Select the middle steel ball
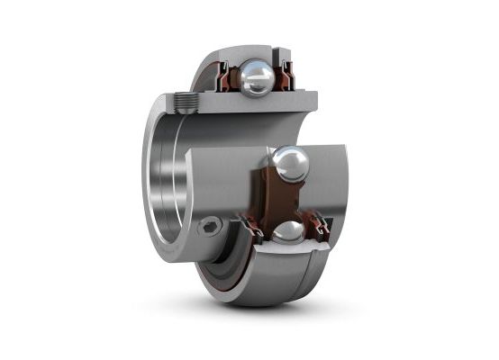(x=291, y=166)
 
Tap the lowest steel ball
(x=287, y=232)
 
